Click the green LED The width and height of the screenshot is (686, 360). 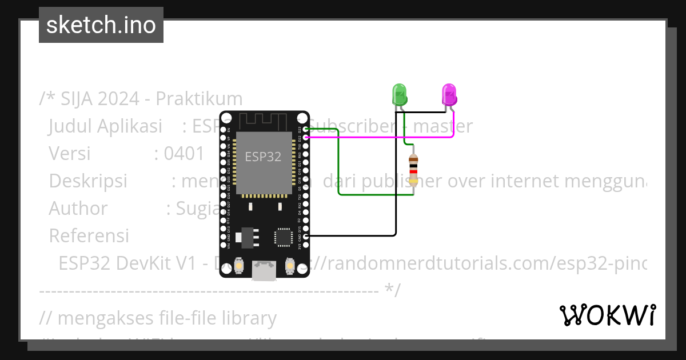[399, 94]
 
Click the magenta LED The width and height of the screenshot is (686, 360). [449, 94]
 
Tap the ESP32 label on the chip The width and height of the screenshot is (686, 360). [263, 157]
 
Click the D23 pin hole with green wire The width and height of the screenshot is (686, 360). [306, 130]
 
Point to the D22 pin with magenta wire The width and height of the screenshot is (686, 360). [306, 138]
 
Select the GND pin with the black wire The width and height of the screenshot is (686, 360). [306, 235]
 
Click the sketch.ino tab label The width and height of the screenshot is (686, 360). [101, 25]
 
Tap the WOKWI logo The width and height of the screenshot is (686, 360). [608, 315]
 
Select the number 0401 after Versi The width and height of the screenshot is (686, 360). [184, 154]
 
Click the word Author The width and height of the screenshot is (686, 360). [78, 209]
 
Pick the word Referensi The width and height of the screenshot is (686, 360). [89, 236]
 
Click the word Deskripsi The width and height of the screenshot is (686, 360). [88, 181]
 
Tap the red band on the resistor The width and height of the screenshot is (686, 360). [413, 171]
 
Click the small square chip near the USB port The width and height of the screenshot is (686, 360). [282, 237]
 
